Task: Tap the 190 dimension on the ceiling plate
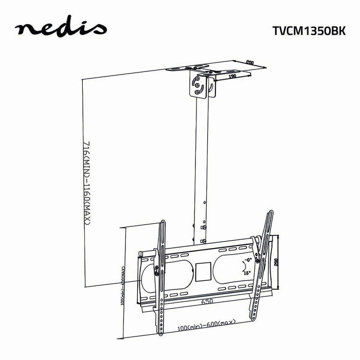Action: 232,76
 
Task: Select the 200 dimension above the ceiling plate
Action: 250,62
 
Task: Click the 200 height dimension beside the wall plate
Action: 276,262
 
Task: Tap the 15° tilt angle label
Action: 248,274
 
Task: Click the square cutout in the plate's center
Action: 202,270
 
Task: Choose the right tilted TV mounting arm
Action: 261,267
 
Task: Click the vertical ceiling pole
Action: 201,165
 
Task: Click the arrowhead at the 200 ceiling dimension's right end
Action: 268,66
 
